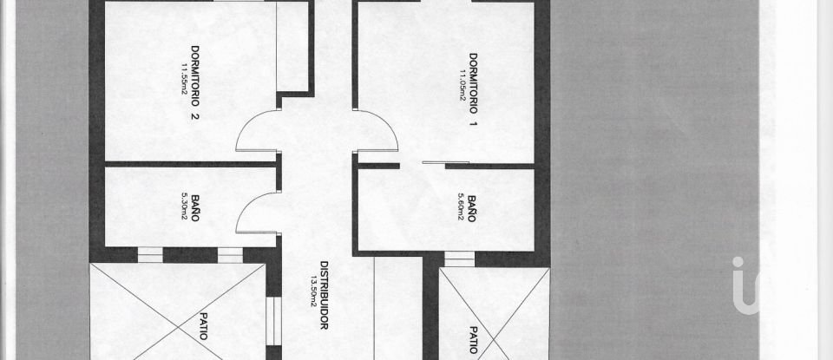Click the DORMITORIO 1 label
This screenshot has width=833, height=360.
[474, 91]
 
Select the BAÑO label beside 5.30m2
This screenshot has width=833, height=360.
[195, 209]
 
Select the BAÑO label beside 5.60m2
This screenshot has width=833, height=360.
[471, 209]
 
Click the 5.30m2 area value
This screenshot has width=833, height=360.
[184, 208]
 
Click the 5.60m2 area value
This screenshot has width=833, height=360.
[461, 208]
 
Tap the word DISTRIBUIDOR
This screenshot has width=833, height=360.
[324, 295]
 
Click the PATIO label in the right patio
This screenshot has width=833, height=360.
[473, 339]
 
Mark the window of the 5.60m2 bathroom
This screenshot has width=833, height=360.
[459, 259]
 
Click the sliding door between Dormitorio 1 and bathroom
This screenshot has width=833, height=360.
[446, 163]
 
